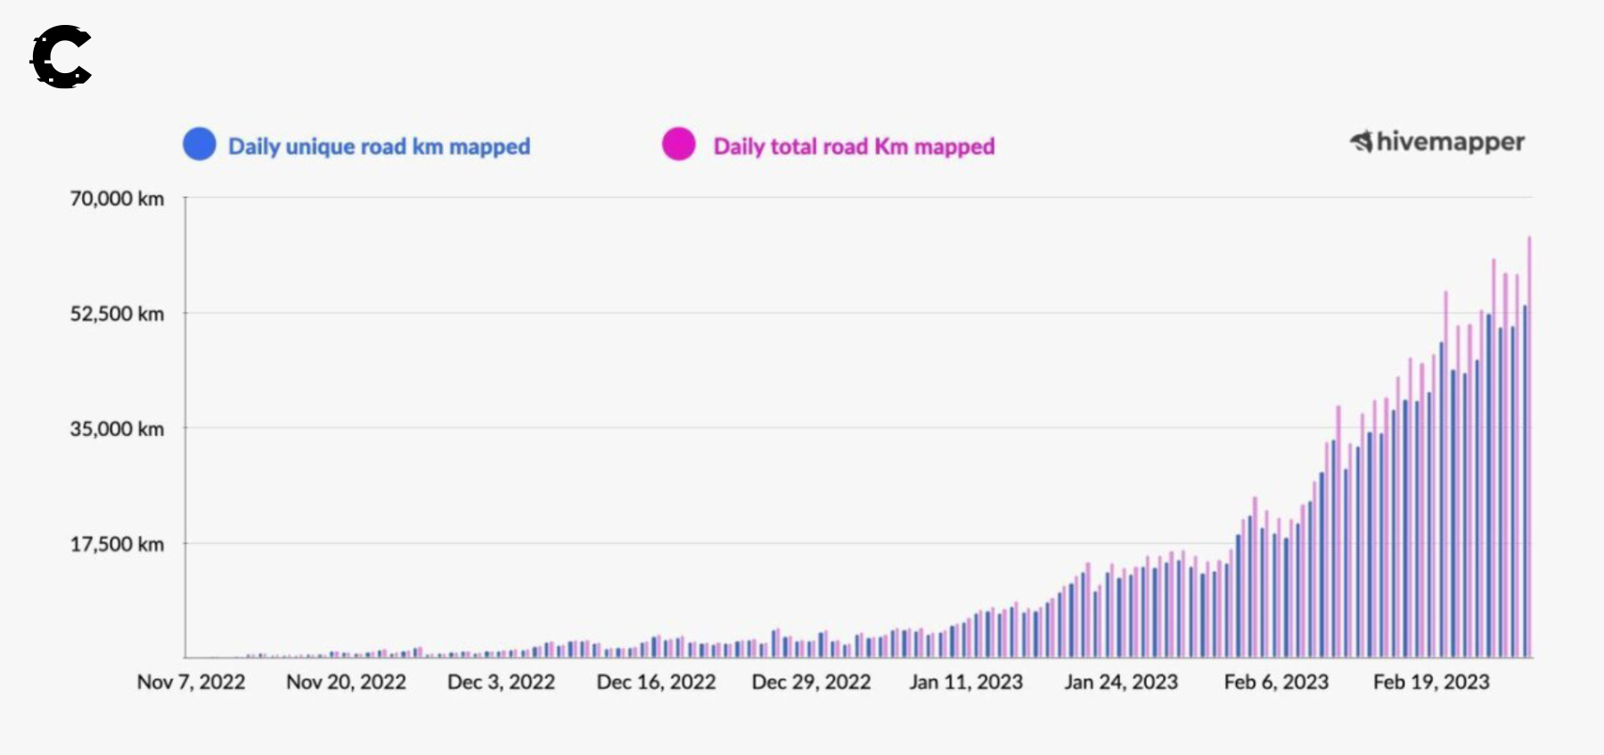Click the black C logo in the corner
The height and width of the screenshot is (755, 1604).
tap(61, 57)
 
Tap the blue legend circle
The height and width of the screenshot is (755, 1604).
tap(200, 144)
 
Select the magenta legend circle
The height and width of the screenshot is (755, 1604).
tap(678, 144)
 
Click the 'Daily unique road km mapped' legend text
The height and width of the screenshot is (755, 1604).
tap(379, 146)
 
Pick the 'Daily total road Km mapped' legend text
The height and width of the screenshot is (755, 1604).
tap(854, 146)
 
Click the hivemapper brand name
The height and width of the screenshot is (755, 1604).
tap(1449, 142)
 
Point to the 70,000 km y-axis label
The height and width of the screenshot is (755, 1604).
tap(117, 199)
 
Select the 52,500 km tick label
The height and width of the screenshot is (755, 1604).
tap(117, 314)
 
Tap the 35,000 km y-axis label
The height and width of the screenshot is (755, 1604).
tap(117, 429)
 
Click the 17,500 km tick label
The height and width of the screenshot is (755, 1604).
tap(117, 545)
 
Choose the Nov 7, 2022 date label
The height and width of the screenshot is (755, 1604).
tap(191, 682)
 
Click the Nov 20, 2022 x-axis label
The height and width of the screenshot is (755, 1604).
tap(346, 682)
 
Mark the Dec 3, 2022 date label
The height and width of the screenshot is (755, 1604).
tap(501, 682)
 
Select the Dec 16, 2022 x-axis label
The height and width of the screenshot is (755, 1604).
tap(656, 682)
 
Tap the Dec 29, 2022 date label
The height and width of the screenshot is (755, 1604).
tap(811, 682)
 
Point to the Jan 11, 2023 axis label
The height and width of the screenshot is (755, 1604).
tap(966, 682)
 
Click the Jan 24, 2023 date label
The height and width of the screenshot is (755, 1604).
tap(1121, 682)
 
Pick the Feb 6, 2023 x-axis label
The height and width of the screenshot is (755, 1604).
tap(1276, 682)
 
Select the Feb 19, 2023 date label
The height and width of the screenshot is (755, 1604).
tap(1431, 682)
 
